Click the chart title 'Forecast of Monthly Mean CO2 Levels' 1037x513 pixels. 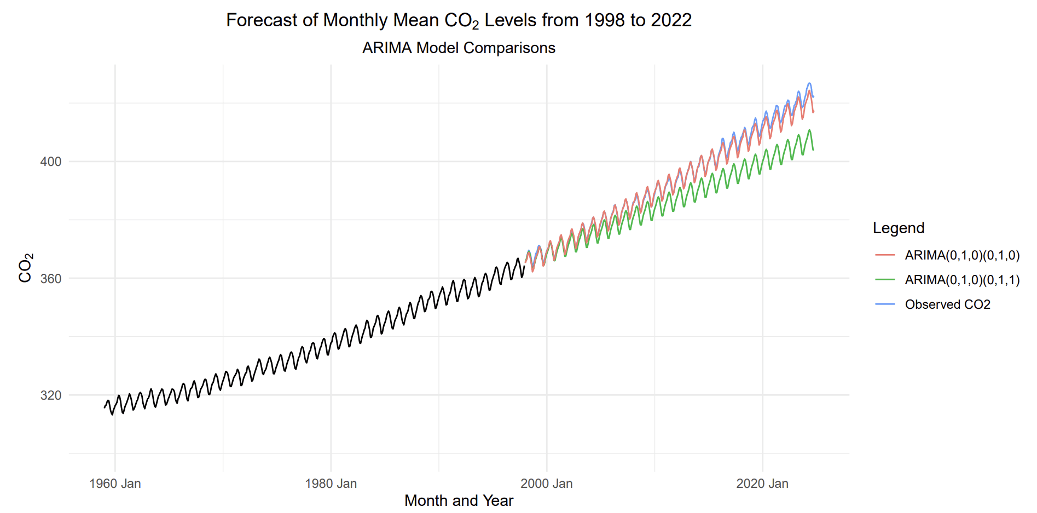click(459, 20)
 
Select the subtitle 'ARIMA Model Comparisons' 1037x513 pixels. click(459, 48)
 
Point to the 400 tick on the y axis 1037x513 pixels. click(50, 162)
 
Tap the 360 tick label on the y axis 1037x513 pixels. click(50, 279)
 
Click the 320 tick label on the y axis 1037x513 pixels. click(50, 395)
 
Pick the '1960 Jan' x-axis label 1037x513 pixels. click(115, 483)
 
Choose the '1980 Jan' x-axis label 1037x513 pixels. click(331, 483)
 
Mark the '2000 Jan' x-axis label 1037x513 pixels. click(546, 483)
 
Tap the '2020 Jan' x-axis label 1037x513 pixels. click(762, 483)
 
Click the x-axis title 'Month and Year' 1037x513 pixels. click(459, 500)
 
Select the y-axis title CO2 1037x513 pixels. click(25, 268)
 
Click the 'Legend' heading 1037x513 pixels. click(898, 228)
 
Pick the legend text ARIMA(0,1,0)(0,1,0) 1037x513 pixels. click(962, 255)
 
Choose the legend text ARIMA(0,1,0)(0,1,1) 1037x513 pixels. click(962, 280)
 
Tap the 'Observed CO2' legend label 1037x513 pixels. click(947, 304)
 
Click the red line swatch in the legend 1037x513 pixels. click(885, 255)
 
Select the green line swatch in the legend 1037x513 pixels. click(885, 280)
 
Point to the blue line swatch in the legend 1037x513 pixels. click(885, 304)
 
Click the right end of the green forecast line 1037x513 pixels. click(813, 149)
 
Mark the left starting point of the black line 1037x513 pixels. click(105, 407)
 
